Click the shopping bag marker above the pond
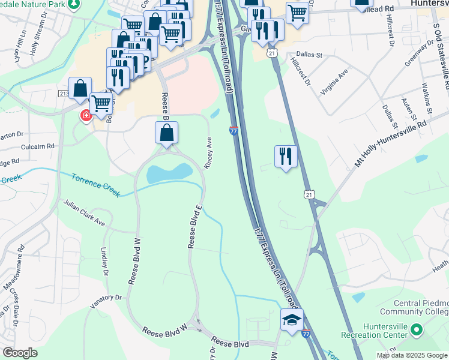(167, 133)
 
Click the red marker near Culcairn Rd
(86, 115)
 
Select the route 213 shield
(64, 94)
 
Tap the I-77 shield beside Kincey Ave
(234, 130)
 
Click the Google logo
(20, 353)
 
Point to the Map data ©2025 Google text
(412, 355)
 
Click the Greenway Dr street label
(419, 55)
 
